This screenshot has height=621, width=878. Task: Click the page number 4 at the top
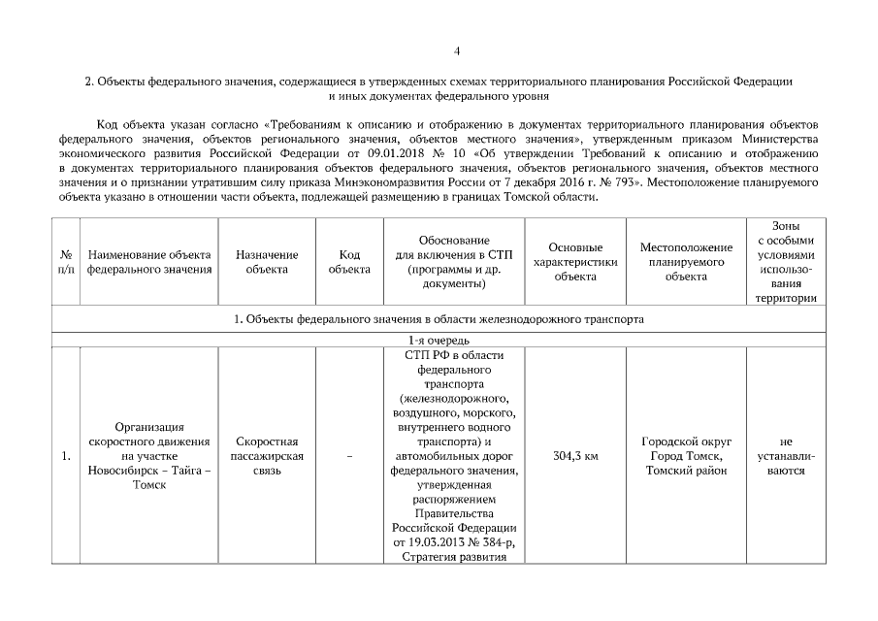456,50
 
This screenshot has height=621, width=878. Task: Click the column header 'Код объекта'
349,262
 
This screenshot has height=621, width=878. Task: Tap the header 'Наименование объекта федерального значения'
149,262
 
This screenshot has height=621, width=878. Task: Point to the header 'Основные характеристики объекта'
575,262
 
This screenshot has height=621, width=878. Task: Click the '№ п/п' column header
64,262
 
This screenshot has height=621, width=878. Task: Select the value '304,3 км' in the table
575,456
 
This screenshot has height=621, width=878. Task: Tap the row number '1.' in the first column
64,456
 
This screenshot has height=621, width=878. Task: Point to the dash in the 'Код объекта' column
349,456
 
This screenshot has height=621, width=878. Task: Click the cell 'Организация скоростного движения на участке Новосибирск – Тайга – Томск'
149,456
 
